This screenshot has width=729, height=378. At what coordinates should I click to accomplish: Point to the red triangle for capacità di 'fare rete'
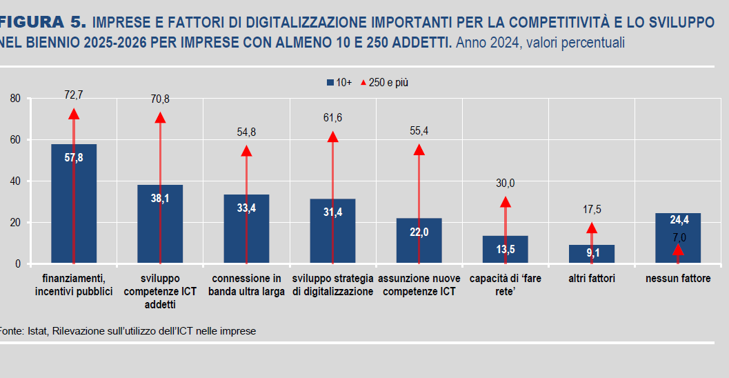(x=506, y=202)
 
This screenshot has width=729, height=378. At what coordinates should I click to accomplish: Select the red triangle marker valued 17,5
(x=591, y=228)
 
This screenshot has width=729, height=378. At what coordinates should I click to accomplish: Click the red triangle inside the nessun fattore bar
(x=678, y=250)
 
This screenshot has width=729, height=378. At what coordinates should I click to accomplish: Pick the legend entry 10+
(x=339, y=82)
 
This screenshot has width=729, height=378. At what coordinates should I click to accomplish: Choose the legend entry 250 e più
(x=388, y=82)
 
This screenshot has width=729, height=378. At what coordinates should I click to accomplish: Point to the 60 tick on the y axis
(x=15, y=140)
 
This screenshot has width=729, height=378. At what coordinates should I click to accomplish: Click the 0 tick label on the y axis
(x=18, y=263)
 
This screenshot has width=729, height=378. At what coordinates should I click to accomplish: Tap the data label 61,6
(x=332, y=118)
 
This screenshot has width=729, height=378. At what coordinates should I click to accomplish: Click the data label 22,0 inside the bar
(x=419, y=232)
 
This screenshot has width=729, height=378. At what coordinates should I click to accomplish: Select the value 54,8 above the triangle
(x=246, y=132)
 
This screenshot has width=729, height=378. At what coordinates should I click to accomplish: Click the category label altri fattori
(x=592, y=279)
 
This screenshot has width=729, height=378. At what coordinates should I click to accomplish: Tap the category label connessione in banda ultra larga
(x=246, y=285)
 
